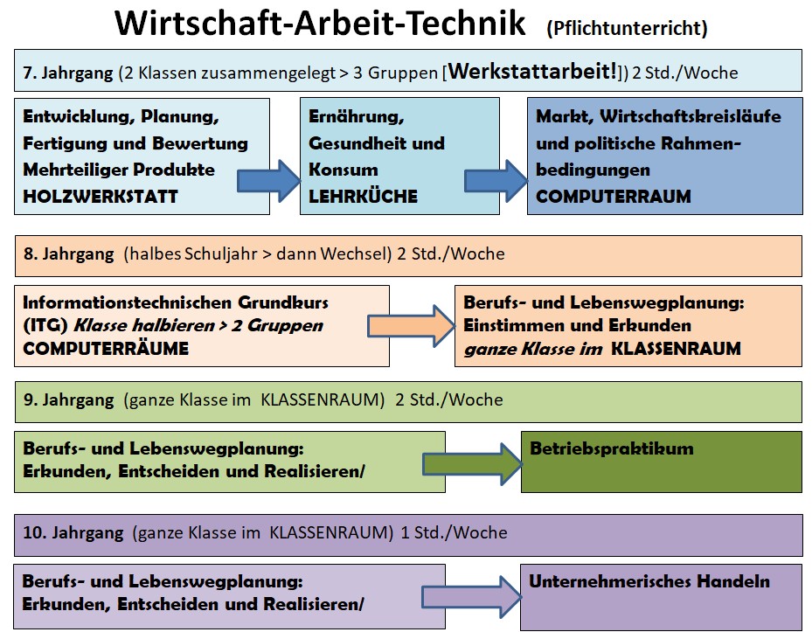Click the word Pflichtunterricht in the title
[627, 28]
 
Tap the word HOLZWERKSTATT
[101, 197]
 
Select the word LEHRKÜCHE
[363, 197]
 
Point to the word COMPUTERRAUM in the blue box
[613, 197]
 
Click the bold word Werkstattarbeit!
[532, 71]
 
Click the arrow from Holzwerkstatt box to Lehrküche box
[268, 181]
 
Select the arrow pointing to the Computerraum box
[496, 181]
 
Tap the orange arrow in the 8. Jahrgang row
[411, 326]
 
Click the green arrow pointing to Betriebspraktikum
[472, 464]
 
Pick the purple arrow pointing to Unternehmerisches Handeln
[471, 597]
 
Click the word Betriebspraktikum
[612, 448]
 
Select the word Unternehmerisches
[607, 581]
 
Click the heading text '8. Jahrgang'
[68, 253]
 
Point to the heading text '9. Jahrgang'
[68, 400]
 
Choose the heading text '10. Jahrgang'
[73, 532]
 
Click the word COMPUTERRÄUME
[106, 349]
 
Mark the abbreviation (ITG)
[45, 326]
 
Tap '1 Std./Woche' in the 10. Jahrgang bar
[455, 532]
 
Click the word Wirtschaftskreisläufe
[691, 116]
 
